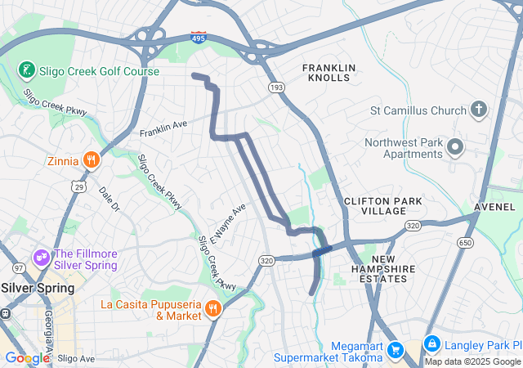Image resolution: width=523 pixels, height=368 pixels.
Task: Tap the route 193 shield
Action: coord(276,86)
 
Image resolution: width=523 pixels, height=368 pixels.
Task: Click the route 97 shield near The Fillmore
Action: coord(18,267)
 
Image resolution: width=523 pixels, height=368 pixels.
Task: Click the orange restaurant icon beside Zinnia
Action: coord(92,160)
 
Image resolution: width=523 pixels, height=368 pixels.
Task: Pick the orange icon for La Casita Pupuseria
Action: coord(212,309)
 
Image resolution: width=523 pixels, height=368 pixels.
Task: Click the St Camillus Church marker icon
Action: coord(479,110)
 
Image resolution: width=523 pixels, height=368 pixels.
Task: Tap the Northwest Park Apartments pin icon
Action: coord(455,148)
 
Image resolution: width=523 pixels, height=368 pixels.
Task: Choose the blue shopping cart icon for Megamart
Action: coord(396,350)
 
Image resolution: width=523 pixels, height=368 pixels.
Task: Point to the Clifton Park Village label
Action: coord(374,205)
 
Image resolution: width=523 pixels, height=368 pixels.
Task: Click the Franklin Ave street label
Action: coord(163,129)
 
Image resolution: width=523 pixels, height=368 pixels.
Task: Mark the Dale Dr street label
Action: coord(109,200)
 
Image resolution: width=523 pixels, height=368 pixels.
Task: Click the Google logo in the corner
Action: coord(27,357)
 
